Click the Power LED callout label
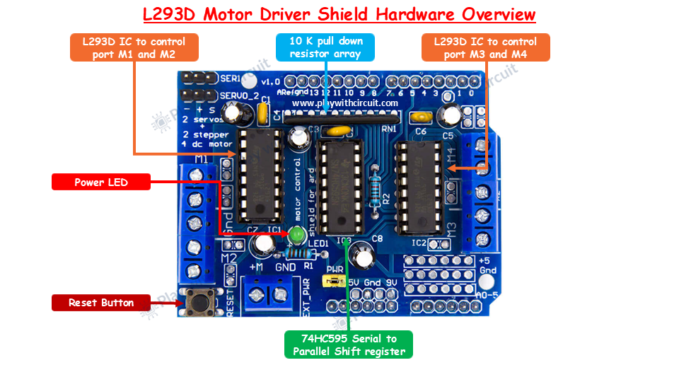click(x=101, y=183)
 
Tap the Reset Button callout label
click(x=101, y=303)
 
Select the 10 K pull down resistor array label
click(x=325, y=47)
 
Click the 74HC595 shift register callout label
click(x=349, y=345)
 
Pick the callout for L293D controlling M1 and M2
click(x=134, y=47)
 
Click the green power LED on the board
click(x=297, y=233)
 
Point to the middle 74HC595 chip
click(x=341, y=187)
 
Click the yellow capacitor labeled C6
click(x=423, y=117)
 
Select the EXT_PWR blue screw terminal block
click(x=269, y=294)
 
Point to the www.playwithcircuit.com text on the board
click(x=344, y=103)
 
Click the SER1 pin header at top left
click(x=199, y=78)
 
